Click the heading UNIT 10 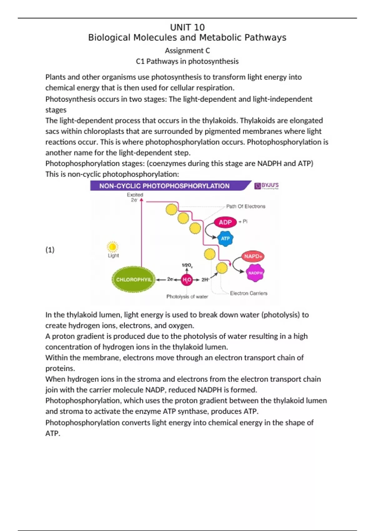187,27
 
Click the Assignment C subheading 187,51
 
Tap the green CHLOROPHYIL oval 133,280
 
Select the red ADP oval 225,222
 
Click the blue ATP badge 225,239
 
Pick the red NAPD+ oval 253,256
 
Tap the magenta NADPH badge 255,273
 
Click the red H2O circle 187,280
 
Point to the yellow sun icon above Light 112,247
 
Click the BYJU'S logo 267,186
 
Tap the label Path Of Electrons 246,206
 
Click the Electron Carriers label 248,293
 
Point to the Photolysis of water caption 187,297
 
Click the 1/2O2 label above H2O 187,265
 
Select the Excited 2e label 135,197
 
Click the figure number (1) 50,250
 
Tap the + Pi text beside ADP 243,221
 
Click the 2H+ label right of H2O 205,280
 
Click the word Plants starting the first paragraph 55,77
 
